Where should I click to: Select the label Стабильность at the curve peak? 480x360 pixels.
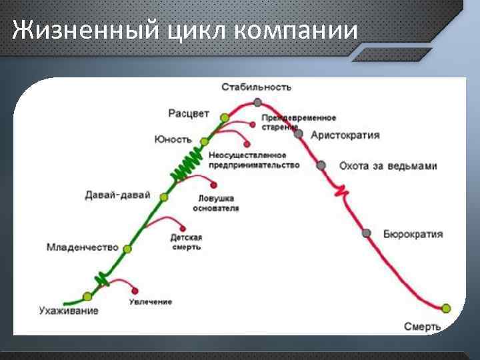pos(257,87)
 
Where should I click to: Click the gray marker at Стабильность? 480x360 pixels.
pos(257,103)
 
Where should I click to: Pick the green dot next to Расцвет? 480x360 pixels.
pos(225,117)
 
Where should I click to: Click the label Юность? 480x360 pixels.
pos(173,140)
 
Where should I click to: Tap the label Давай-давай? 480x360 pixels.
pos(117,195)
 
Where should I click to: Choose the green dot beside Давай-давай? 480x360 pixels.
pos(164,197)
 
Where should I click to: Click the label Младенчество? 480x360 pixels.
pos(82,247)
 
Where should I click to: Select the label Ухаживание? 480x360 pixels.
pos(68,311)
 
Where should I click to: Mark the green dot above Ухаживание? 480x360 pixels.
pos(87,297)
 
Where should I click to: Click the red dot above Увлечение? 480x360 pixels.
pos(136,291)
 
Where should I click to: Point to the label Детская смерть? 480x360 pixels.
pos(185,242)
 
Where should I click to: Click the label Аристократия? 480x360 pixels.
pos(345,135)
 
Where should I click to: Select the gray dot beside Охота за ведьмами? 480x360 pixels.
pos(321,165)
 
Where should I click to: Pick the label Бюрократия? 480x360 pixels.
pos(413,235)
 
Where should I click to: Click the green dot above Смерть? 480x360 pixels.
pos(446,308)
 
